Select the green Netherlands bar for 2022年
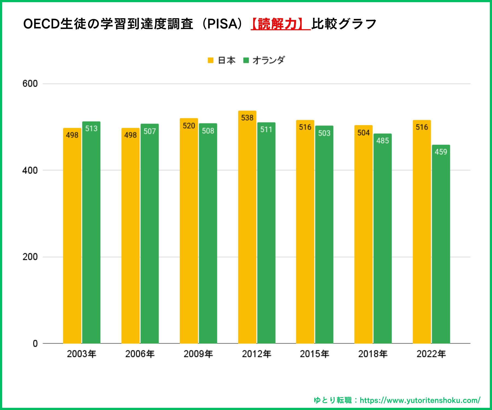click(x=441, y=246)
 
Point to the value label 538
click(x=247, y=118)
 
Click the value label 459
click(x=441, y=152)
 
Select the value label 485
click(x=382, y=140)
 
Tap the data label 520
click(x=189, y=126)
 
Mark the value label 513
click(x=91, y=128)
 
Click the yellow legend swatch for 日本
click(x=210, y=60)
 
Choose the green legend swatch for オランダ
click(x=246, y=60)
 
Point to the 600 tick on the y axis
click(x=30, y=84)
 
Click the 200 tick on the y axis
click(x=30, y=257)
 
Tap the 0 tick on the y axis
click(x=35, y=344)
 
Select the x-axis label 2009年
click(x=198, y=354)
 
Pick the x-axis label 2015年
click(x=315, y=354)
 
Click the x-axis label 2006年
click(x=140, y=354)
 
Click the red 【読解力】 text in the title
click(x=280, y=24)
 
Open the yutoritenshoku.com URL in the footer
click(x=420, y=400)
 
